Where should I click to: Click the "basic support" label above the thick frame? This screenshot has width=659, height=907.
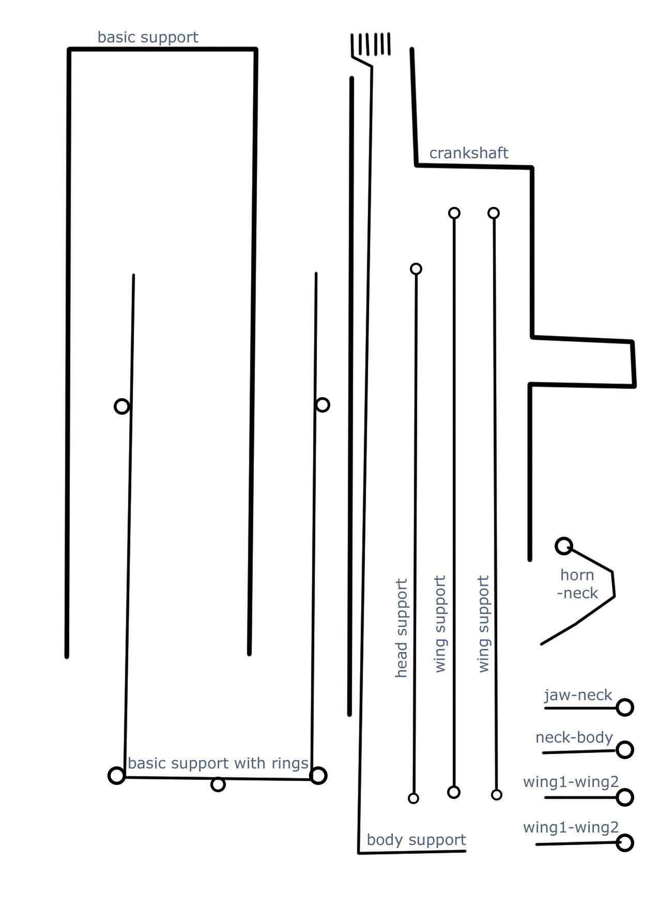pyautogui.click(x=148, y=37)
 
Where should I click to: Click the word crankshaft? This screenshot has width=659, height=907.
pyautogui.click(x=469, y=153)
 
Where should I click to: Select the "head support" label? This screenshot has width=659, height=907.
pyautogui.click(x=402, y=628)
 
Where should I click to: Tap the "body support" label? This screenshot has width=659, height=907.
pyautogui.click(x=416, y=840)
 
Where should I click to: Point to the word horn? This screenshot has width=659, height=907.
pyautogui.click(x=577, y=575)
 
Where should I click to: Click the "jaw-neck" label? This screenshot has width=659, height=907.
pyautogui.click(x=578, y=695)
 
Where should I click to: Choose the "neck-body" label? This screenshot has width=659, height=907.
pyautogui.click(x=574, y=737)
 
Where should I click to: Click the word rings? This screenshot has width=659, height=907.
pyautogui.click(x=292, y=764)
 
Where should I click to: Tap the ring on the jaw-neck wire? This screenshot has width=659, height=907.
pyautogui.click(x=625, y=707)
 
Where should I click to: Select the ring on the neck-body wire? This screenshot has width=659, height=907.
pyautogui.click(x=625, y=749)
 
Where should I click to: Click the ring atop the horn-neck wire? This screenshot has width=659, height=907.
pyautogui.click(x=564, y=546)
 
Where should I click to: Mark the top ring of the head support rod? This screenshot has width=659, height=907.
pyautogui.click(x=416, y=269)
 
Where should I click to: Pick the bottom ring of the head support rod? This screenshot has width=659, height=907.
pyautogui.click(x=413, y=798)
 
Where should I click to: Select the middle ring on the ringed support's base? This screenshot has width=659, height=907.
pyautogui.click(x=218, y=784)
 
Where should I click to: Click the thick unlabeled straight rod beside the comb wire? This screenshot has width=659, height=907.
pyautogui.click(x=350, y=397)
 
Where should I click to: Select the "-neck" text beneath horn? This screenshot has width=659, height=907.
pyautogui.click(x=577, y=593)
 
